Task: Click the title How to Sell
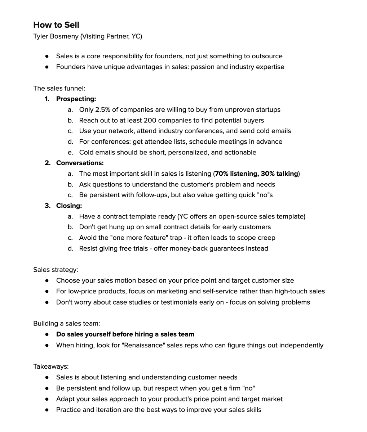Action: pos(56,25)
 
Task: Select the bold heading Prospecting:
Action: pos(76,99)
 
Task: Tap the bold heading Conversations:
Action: pos(80,163)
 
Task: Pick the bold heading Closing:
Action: pos(69,206)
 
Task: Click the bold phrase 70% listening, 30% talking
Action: pos(256,174)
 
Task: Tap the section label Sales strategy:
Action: pos(56,270)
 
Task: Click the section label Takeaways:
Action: pos(51,367)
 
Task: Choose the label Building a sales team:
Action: pos(67,324)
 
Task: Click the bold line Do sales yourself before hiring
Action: pos(125,334)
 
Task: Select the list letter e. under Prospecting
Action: pos(70,153)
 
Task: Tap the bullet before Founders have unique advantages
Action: pos(47,67)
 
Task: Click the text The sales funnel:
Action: pos(59,89)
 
